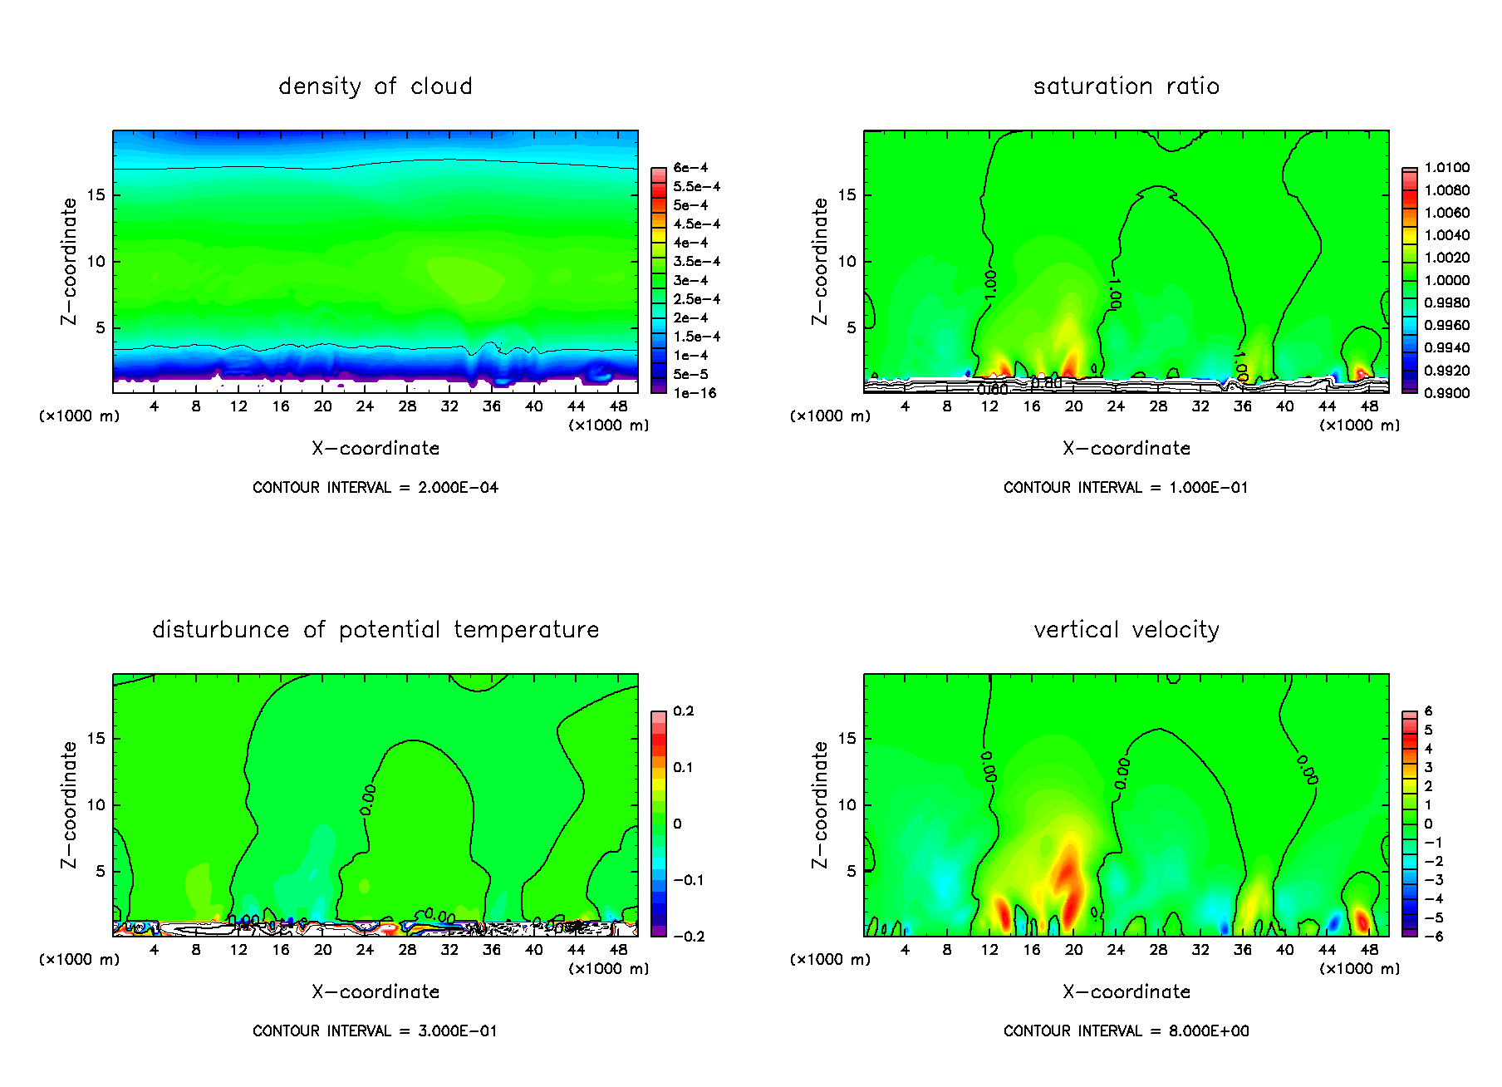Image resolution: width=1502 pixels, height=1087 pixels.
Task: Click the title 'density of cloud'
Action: [x=375, y=86]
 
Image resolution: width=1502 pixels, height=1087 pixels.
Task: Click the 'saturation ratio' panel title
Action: [x=1126, y=86]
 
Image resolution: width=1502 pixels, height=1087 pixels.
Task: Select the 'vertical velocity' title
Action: [x=1126, y=630]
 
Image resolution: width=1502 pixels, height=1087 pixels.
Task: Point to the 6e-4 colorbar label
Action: [x=690, y=168]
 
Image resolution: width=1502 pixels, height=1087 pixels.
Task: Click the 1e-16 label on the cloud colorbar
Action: [x=695, y=393]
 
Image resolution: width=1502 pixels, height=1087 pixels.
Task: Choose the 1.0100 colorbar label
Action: [x=1446, y=168]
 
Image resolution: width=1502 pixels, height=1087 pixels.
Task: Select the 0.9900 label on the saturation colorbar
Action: [x=1446, y=393]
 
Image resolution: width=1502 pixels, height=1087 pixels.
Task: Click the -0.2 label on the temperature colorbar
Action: [x=689, y=937]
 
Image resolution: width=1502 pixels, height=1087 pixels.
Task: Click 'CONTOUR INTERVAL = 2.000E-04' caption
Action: [x=375, y=488]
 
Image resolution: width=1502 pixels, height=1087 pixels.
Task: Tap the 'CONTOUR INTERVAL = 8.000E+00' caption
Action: [x=1126, y=1031]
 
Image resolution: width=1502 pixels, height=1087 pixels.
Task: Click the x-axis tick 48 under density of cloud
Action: [x=618, y=406]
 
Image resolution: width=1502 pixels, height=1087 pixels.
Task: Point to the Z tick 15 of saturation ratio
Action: [x=846, y=194]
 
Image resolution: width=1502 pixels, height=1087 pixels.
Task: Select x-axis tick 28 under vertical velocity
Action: [x=1158, y=950]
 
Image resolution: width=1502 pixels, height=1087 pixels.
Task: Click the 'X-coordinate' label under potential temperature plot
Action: [x=375, y=992]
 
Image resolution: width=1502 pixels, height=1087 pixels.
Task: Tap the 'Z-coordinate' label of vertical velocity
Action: [x=820, y=804]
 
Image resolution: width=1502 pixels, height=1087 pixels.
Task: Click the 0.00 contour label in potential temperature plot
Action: [x=368, y=799]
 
